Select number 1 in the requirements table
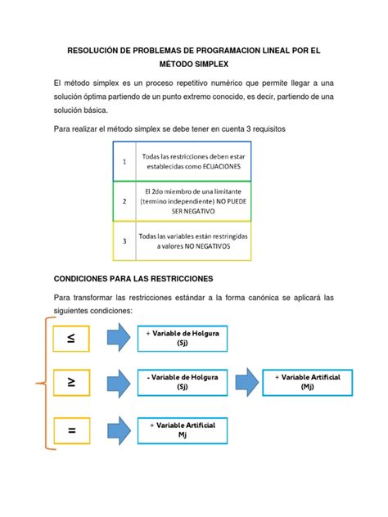[124, 162]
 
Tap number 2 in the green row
[124, 200]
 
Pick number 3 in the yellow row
[124, 241]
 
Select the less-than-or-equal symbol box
[71, 337]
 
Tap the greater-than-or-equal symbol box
[71, 380]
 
